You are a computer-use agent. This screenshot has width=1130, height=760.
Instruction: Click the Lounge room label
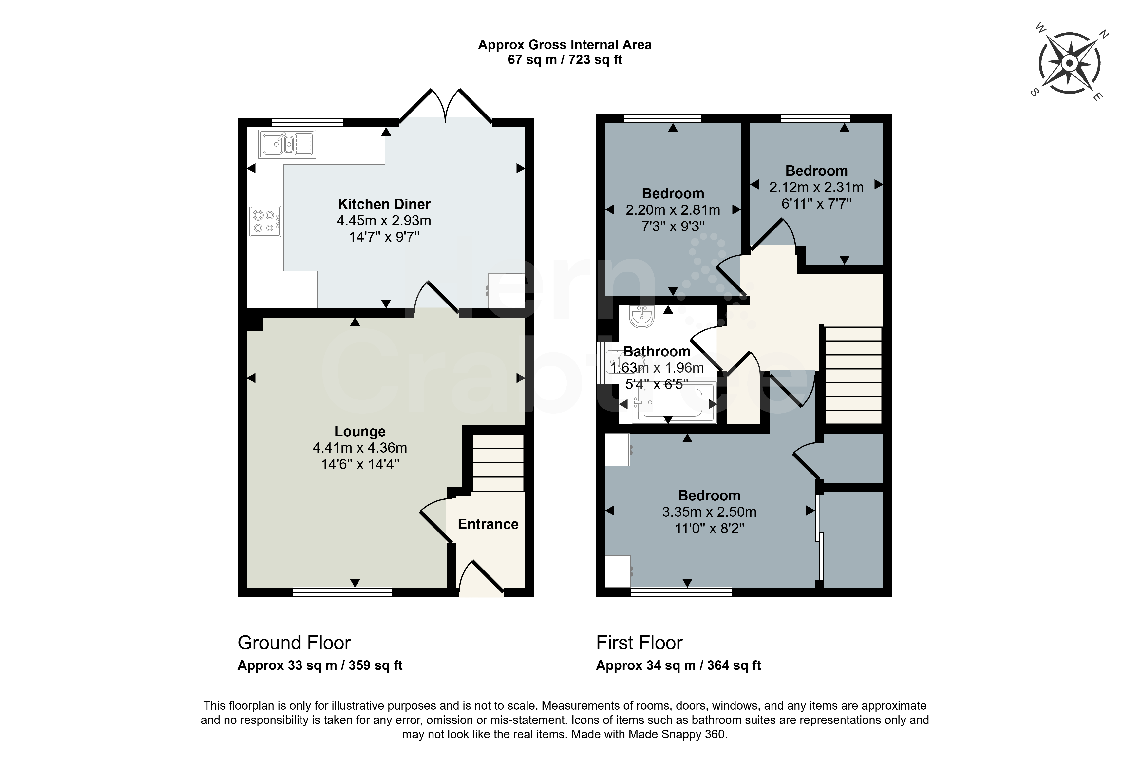pos(360,431)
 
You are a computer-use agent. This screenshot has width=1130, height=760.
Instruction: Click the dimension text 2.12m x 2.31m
pos(816,187)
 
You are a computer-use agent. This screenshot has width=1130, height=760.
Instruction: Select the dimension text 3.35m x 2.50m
pos(709,512)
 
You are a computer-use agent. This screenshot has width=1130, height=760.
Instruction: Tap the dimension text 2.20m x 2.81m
pos(673,210)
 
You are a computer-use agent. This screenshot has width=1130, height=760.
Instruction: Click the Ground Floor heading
pos(294,643)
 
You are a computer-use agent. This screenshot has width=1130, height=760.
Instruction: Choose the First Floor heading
pos(639,643)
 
